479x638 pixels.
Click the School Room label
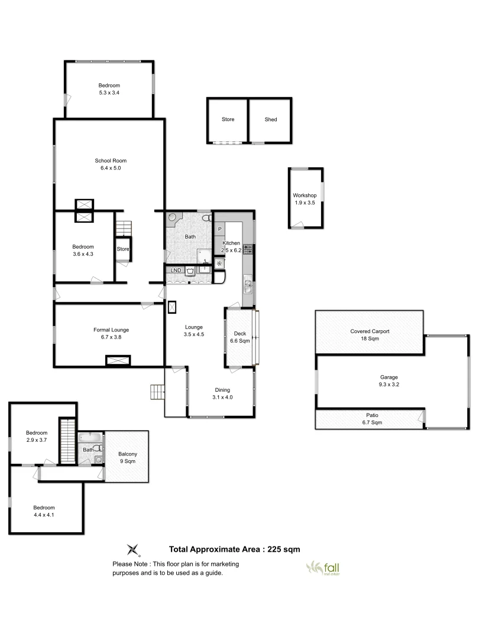[111, 161]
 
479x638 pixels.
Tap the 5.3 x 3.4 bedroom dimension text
[109, 93]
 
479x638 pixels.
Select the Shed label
[271, 119]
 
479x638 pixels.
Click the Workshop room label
[305, 196]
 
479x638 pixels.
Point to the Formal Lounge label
[111, 330]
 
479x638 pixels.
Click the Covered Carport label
[370, 331]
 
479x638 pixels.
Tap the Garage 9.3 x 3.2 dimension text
[389, 385]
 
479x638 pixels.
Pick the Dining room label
[222, 390]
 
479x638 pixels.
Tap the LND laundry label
[176, 271]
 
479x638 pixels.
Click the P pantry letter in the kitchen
[220, 229]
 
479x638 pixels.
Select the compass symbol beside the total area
[135, 549]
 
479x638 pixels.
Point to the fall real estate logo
[323, 567]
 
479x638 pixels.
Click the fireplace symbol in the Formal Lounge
[118, 360]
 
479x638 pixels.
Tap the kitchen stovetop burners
[248, 249]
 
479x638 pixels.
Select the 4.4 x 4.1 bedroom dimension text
[44, 515]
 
